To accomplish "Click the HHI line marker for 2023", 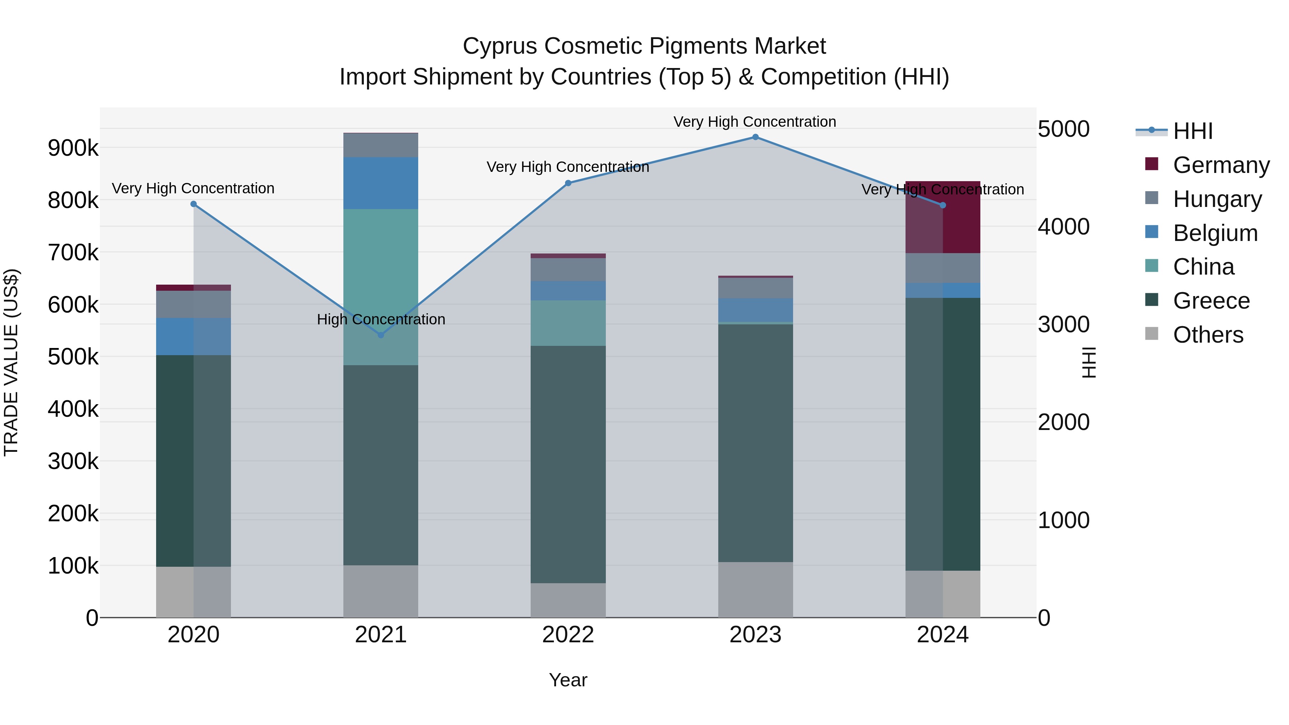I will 755,137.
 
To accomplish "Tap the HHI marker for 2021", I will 381,335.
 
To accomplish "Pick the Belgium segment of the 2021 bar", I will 381,183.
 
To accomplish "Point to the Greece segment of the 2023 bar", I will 755,443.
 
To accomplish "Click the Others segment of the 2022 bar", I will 568,600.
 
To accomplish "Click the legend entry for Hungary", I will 1217,199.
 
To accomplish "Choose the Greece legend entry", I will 1211,301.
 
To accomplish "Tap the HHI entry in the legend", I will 1192,131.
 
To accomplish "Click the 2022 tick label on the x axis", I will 568,635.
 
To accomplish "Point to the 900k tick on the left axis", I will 73,148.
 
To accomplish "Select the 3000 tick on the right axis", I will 1063,325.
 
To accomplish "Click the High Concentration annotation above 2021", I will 381,319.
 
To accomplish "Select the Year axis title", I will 568,680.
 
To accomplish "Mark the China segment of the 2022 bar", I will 568,323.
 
